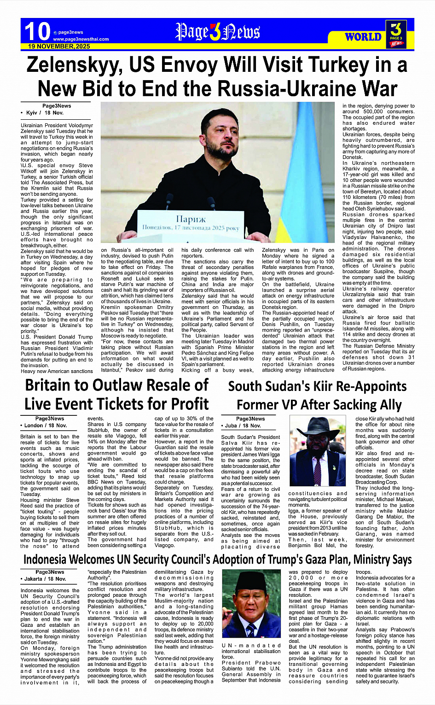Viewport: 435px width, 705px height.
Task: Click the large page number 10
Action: (x=37, y=32)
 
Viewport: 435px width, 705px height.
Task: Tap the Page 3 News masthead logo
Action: (x=217, y=32)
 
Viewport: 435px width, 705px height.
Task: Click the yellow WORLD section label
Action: (x=363, y=37)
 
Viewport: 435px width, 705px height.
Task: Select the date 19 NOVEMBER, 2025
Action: (x=59, y=47)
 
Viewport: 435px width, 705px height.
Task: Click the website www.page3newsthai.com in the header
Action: (x=81, y=39)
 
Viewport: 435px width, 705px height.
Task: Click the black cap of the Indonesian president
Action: (x=250, y=579)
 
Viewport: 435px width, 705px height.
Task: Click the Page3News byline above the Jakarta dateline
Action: (x=50, y=572)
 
